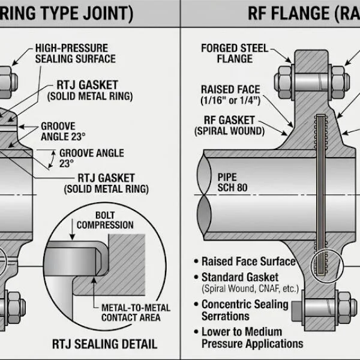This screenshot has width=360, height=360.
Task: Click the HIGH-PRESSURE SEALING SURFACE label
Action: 75,53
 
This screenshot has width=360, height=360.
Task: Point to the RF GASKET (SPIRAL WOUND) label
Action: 229,125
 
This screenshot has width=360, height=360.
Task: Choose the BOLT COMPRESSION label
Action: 106,220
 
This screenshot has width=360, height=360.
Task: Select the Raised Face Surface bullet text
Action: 248,262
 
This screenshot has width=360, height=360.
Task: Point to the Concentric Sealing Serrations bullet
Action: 245,310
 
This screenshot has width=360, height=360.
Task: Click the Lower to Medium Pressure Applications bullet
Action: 252,337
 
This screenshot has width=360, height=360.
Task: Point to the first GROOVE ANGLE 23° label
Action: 58,131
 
